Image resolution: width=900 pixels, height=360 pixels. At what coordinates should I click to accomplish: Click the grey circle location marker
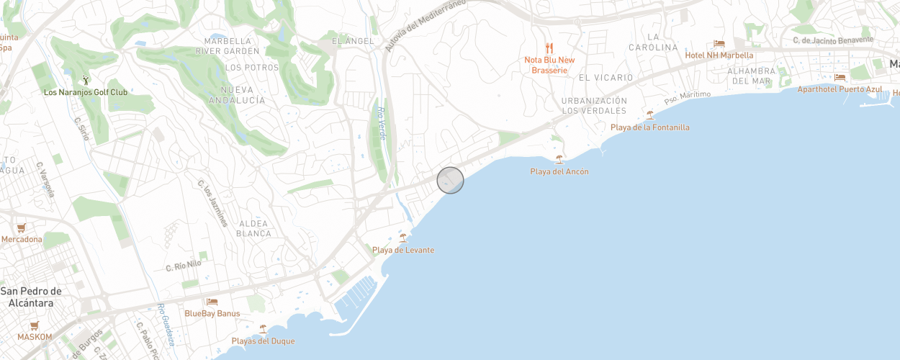450,180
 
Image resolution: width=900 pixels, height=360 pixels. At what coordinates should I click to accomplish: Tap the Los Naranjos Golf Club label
85,92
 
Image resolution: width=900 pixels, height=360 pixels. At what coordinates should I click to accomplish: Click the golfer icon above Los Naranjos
86,79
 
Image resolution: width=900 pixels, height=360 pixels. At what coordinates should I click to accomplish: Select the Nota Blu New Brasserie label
549,65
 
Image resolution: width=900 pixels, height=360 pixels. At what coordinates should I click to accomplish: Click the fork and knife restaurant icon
549,48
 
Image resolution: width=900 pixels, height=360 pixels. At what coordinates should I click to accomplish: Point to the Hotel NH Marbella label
719,55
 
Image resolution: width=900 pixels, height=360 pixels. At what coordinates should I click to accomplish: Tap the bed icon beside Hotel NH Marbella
719,44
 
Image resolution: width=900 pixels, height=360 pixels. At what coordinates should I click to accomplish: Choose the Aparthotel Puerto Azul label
840,89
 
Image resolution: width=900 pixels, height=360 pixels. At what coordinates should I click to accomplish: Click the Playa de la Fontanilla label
649,127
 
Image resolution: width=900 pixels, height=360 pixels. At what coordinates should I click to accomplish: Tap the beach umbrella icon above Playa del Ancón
559,159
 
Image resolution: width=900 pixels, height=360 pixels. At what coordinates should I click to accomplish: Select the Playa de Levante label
403,250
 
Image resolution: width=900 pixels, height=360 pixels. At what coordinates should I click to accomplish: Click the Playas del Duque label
263,341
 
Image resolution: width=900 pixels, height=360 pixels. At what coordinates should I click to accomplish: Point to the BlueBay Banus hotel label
212,313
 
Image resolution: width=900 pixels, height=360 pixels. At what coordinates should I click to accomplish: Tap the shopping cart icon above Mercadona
21,228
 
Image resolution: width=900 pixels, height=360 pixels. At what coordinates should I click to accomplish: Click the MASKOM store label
35,336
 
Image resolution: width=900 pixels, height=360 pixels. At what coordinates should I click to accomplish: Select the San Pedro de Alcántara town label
31,297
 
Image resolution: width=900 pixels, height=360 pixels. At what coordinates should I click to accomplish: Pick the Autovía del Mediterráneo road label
424,25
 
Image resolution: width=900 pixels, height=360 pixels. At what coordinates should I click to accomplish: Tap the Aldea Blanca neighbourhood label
253,228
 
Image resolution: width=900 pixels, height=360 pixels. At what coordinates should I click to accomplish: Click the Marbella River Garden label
231,46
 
